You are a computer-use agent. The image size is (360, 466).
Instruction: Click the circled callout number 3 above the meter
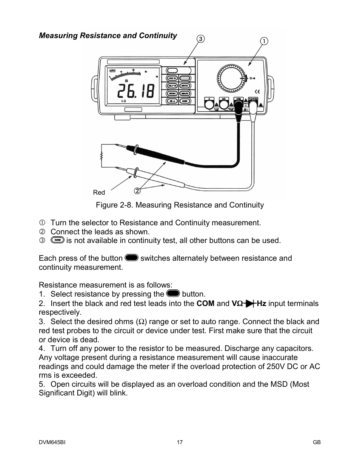click(x=201, y=39)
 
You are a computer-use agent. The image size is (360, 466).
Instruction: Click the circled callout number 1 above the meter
click(x=264, y=41)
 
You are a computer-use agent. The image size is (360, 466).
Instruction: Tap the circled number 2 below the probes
click(x=137, y=191)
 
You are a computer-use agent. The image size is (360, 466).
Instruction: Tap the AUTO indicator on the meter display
click(x=112, y=71)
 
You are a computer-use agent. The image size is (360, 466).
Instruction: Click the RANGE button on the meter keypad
click(x=185, y=101)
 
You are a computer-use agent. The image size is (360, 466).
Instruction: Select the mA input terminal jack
click(x=224, y=103)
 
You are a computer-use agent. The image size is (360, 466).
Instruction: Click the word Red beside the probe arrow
click(x=99, y=192)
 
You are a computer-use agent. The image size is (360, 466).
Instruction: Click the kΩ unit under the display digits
click(x=123, y=101)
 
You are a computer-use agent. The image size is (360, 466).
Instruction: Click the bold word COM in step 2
click(x=205, y=303)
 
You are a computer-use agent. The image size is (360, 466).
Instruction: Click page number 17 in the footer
click(x=180, y=442)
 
